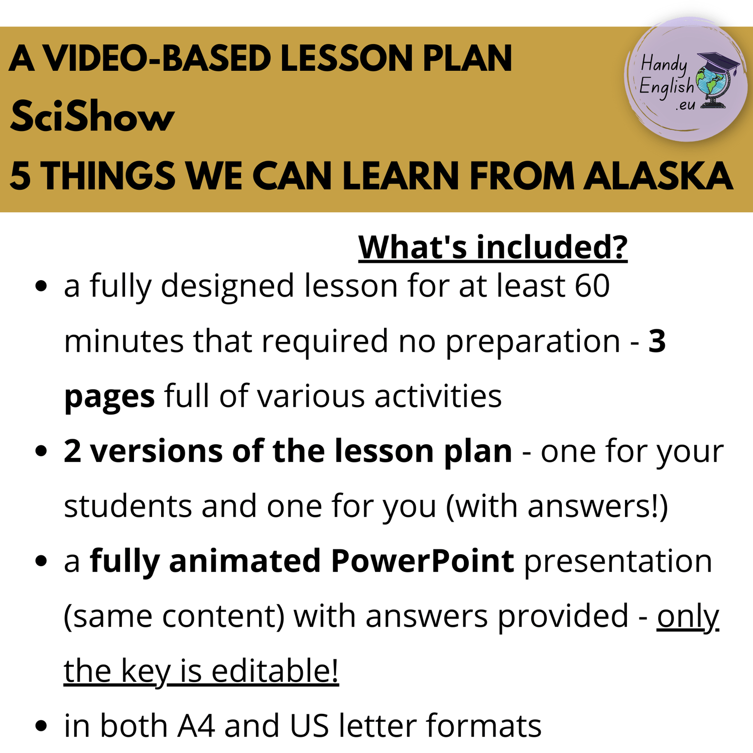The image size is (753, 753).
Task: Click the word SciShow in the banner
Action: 92,116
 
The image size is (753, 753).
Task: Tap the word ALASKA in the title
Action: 658,176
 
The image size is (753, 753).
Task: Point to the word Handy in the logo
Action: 664,65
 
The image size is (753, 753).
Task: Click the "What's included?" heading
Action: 493,247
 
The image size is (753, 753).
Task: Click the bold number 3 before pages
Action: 657,341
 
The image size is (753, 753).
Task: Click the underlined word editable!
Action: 275,670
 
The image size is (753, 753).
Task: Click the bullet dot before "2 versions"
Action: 41,451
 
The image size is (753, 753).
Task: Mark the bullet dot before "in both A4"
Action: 41,725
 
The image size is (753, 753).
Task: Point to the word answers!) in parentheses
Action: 597,506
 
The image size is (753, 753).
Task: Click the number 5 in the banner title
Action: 20,176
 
